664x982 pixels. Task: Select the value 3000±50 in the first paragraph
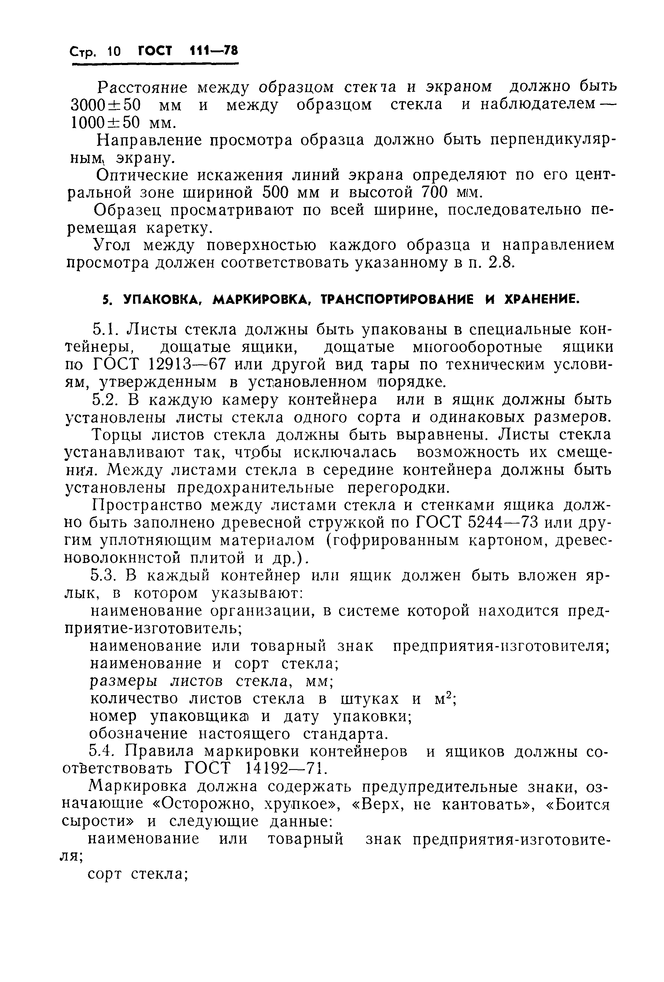106,105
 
